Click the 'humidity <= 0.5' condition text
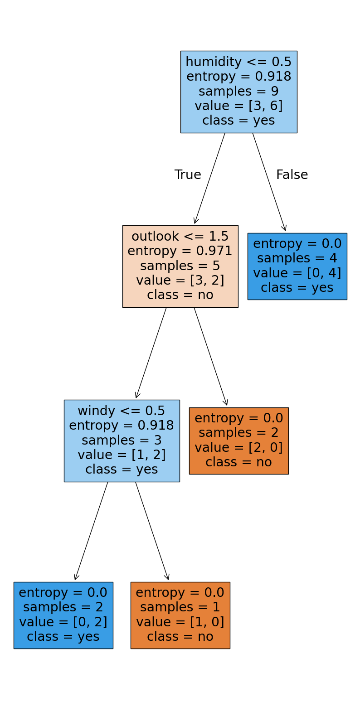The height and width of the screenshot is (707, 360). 238,62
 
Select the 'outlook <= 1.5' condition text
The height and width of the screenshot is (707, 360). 180,237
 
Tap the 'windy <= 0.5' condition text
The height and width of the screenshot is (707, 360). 122,411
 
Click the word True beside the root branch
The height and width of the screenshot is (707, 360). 188,175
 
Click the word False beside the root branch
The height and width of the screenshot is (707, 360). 292,175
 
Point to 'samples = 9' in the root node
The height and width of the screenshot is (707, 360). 238,91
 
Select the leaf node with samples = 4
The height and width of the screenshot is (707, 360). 297,266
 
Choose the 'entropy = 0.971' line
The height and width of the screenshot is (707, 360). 180,251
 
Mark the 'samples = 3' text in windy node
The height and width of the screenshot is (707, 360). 122,440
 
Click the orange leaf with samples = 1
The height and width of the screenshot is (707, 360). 180,615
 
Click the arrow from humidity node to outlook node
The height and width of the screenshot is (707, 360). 209,179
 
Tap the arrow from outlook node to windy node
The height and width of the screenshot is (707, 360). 151,353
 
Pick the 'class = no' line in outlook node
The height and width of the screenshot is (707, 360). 180,295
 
